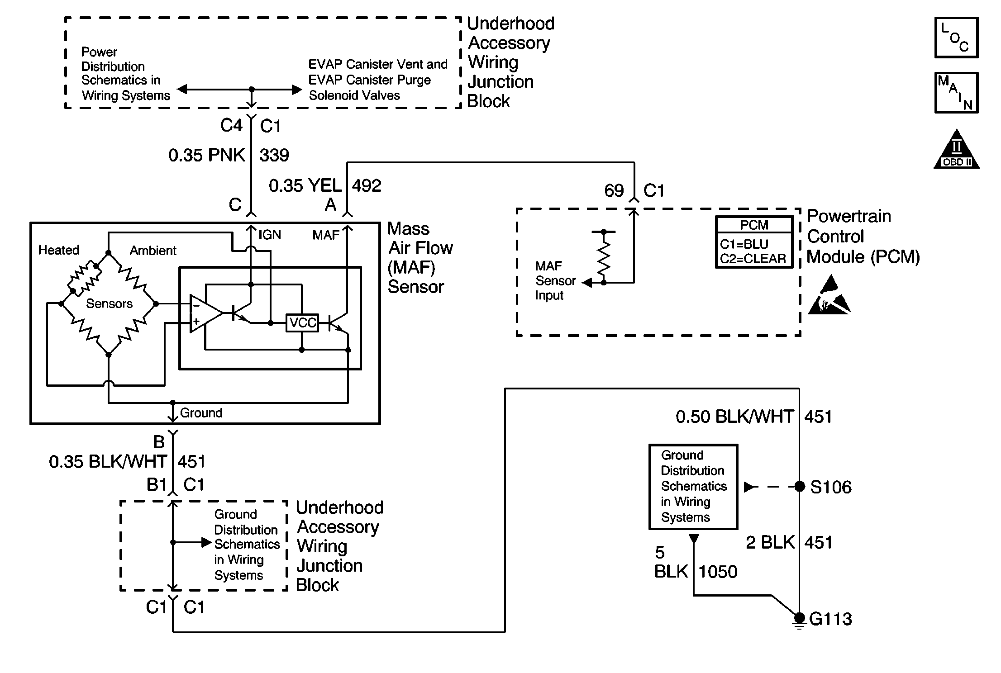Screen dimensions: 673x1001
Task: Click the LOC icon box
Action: pos(956,38)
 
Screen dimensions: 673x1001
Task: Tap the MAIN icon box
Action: pos(956,93)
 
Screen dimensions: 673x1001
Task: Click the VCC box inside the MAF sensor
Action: pos(302,323)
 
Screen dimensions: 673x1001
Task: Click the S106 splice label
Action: pos(830,487)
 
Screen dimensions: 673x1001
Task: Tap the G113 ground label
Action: pos(830,619)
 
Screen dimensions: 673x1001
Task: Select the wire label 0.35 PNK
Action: pos(206,155)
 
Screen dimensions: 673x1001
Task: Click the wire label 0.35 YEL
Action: pos(305,185)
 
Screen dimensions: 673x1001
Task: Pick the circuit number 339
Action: pos(274,155)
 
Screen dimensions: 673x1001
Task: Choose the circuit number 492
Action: pos(367,185)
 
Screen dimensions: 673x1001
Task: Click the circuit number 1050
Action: pos(718,572)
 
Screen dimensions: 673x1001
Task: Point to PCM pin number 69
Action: pos(614,190)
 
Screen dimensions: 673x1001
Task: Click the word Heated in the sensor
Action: pos(59,250)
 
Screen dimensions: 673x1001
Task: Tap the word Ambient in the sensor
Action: pos(153,251)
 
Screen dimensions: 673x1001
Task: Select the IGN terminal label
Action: pos(270,235)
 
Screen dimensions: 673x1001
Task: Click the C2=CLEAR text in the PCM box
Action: pos(753,259)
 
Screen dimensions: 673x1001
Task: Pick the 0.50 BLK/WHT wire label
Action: pos(734,417)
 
